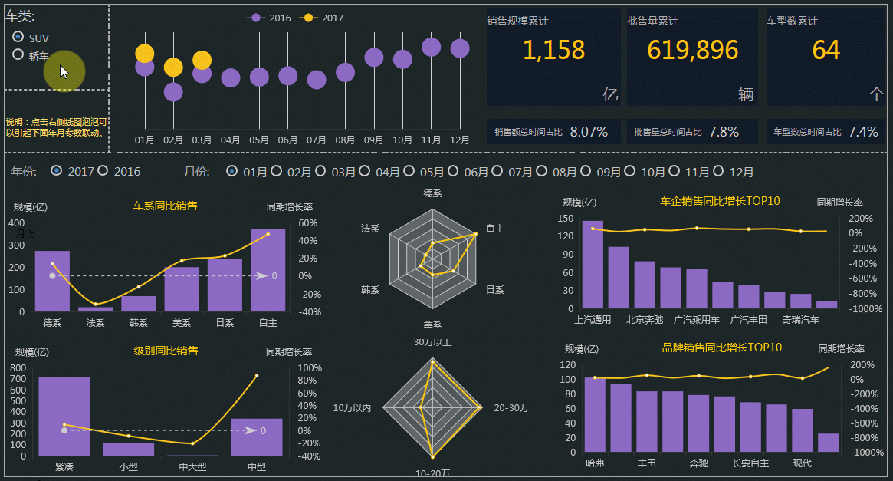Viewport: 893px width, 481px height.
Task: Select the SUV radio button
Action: [x=18, y=37]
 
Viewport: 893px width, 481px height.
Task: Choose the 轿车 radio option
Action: [x=18, y=54]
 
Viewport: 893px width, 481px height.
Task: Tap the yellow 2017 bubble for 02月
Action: [x=173, y=68]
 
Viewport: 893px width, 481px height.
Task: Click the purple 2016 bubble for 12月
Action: [x=460, y=48]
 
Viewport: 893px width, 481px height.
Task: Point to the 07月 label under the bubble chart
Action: [x=317, y=140]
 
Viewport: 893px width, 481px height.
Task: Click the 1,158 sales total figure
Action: [x=553, y=50]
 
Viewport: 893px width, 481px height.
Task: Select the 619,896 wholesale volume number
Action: [x=692, y=50]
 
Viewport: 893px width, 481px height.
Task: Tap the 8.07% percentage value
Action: [x=589, y=132]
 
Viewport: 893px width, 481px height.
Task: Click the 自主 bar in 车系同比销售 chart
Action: [x=268, y=270]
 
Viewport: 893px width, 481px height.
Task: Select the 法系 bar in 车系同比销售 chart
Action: [x=96, y=309]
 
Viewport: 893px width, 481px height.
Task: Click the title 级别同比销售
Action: [x=166, y=351]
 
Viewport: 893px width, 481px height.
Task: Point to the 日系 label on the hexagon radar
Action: [x=495, y=290]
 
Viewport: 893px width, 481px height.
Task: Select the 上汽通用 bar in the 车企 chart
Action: [x=593, y=265]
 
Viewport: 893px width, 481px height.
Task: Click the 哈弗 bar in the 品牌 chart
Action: [x=595, y=414]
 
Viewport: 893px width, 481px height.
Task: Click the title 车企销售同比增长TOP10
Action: [x=720, y=201]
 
